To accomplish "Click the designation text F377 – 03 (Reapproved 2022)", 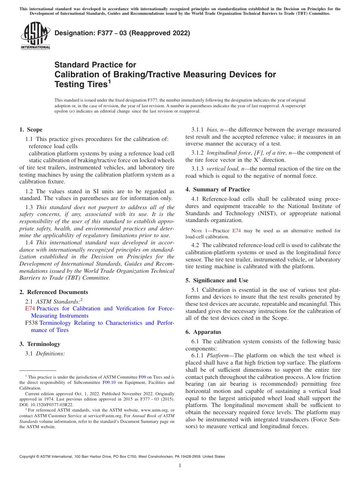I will [x=122, y=33].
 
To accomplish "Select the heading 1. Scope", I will [x=31, y=130].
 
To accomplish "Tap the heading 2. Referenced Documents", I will [x=53, y=292].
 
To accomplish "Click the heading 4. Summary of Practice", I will [x=218, y=189].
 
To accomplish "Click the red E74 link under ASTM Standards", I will [x=30, y=308].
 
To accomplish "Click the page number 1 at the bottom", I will [x=180, y=466].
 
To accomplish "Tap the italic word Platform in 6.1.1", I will [x=217, y=356].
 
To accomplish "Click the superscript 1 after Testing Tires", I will [x=110, y=81].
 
